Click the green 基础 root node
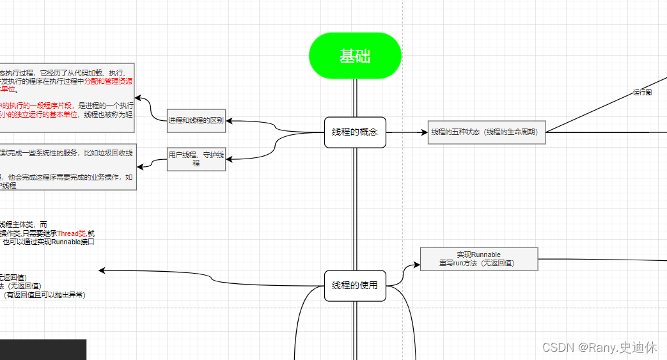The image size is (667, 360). (x=355, y=56)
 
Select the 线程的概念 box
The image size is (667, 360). (x=355, y=132)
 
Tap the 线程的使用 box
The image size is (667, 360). (x=355, y=285)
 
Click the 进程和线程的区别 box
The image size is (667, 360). (x=196, y=121)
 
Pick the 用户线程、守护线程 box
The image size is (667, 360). (x=196, y=159)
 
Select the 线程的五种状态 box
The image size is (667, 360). (x=486, y=132)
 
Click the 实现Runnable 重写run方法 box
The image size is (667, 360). (x=479, y=259)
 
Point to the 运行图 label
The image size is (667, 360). (x=642, y=93)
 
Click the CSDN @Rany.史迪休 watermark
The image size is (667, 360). (x=599, y=347)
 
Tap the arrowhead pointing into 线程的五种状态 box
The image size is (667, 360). (x=424, y=132)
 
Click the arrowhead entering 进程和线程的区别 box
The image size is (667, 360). (x=229, y=121)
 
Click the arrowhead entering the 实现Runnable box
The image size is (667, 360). (x=416, y=263)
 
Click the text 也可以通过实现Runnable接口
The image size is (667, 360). (x=49, y=242)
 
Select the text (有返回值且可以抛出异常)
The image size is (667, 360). (x=45, y=295)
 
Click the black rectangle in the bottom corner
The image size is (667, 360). (x=42, y=350)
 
